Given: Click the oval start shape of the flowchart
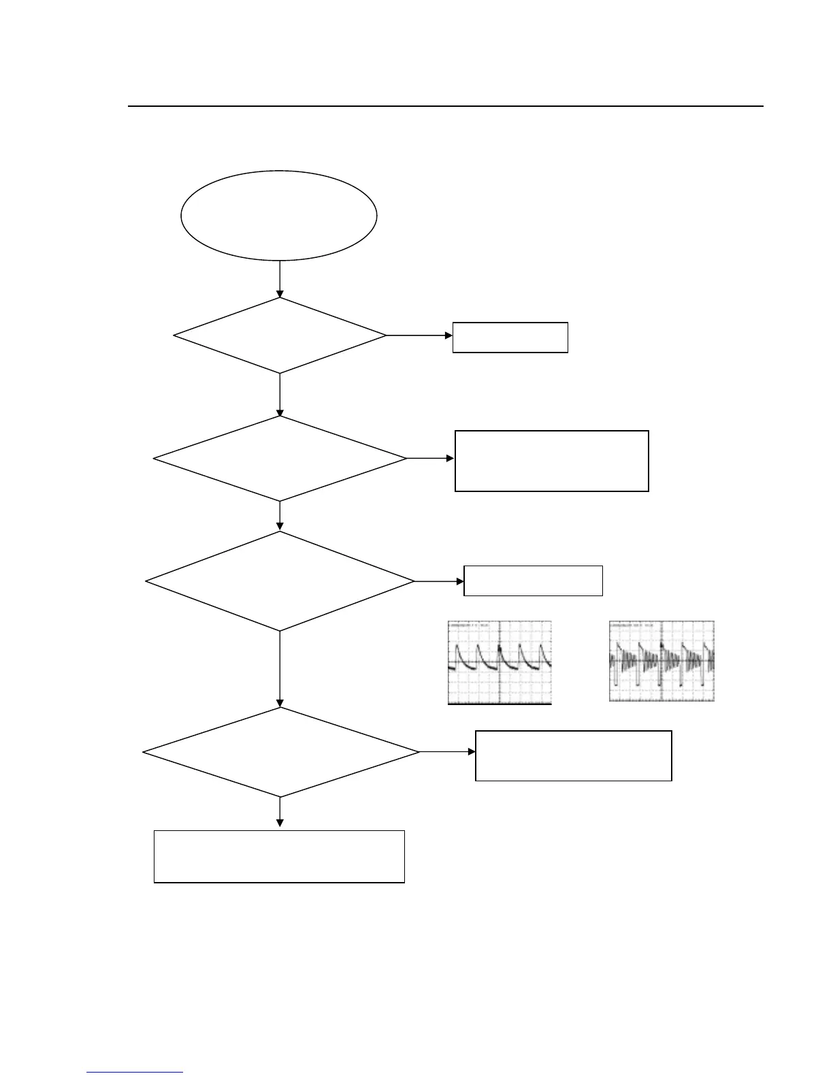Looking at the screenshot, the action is pos(279,215).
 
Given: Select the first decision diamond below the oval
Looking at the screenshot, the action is pos(280,336).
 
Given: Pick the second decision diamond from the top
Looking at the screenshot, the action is pos(280,459).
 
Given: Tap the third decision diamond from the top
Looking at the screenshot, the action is pos(280,581).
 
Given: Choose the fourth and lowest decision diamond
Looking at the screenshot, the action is pos(280,752).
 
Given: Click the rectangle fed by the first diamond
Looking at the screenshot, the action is pos(510,338).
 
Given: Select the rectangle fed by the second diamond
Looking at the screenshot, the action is pos(551,461).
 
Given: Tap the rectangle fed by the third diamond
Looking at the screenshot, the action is pos(533,581).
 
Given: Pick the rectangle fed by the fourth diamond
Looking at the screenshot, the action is pos(573,755).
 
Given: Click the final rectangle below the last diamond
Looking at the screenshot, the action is pos(279,856).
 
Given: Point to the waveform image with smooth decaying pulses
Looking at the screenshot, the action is pos(500,662).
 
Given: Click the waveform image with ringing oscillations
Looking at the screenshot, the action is pos(661,661).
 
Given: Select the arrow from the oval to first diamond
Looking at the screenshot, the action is pos(280,279).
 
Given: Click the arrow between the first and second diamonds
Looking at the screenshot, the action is pos(280,395).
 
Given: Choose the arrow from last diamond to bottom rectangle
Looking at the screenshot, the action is pos(280,813).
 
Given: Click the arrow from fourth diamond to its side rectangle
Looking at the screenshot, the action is pos(446,752).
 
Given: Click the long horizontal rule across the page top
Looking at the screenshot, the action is pos(446,106).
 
